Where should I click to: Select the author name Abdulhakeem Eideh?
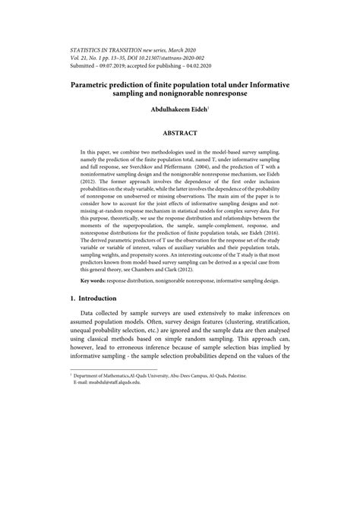178,109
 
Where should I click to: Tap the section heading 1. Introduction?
90,299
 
